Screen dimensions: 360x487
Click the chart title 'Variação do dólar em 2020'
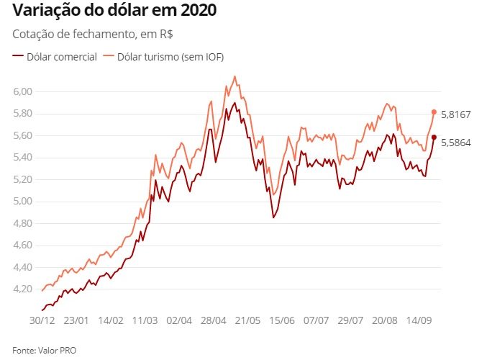[114, 12]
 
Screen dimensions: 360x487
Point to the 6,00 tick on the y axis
[23, 91]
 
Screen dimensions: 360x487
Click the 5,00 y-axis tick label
[23, 202]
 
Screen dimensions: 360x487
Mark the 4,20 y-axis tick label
[23, 289]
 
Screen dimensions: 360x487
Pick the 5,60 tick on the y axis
[23, 135]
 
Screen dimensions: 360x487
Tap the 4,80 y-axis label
[23, 223]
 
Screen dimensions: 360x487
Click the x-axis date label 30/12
[41, 318]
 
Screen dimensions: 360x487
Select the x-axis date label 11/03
[145, 318]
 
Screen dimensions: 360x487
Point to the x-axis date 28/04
[214, 318]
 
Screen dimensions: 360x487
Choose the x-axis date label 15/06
[283, 318]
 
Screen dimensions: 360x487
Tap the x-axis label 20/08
[386, 318]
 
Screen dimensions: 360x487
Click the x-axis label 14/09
[420, 318]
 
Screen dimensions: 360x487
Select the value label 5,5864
[456, 143]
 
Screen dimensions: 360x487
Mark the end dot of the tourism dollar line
[434, 112]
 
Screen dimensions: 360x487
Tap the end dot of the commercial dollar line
[434, 137]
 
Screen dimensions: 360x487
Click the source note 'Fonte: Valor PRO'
[44, 350]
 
